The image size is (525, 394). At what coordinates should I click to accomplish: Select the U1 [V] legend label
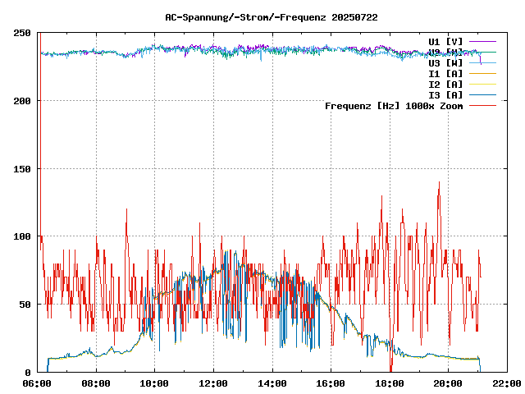[x=445, y=41]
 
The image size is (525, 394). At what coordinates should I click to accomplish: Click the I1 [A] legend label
[x=445, y=73]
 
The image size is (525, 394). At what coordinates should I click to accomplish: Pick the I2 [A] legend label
[x=445, y=84]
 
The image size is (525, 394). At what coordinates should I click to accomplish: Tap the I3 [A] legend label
[x=445, y=94]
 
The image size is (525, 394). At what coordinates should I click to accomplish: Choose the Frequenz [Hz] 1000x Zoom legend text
[x=394, y=105]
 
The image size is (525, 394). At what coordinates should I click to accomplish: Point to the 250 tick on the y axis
[x=22, y=33]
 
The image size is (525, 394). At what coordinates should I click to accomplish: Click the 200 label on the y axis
[x=22, y=101]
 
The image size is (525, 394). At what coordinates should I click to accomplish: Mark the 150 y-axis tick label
[x=22, y=169]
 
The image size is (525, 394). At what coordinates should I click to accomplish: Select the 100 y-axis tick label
[x=22, y=236]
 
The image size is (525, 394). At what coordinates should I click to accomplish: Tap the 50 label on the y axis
[x=25, y=305]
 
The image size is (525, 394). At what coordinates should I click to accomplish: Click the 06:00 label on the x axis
[x=38, y=383]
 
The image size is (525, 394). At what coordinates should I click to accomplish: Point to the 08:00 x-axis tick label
[x=96, y=383]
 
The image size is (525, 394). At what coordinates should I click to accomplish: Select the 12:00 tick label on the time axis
[x=213, y=383]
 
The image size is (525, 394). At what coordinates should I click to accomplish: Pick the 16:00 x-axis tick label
[x=331, y=383]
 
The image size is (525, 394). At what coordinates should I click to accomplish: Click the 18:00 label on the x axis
[x=389, y=383]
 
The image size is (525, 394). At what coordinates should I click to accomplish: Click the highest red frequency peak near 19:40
[x=439, y=183]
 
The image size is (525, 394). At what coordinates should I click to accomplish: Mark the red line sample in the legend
[x=483, y=105]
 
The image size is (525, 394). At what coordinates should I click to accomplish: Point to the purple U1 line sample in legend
[x=483, y=41]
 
